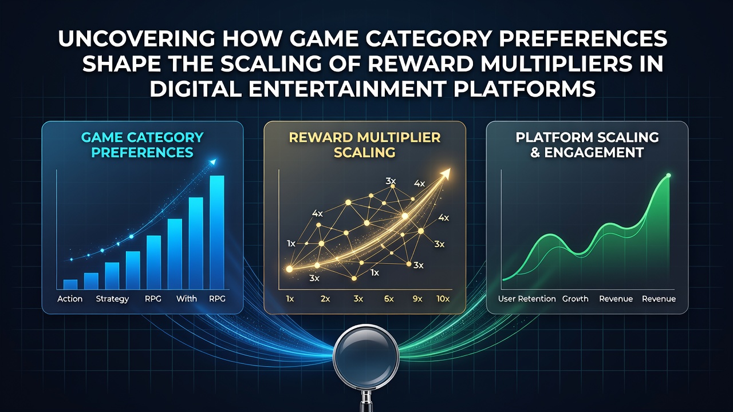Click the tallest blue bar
tap(217, 232)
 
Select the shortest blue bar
tap(70, 284)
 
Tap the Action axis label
tap(70, 299)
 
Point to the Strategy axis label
tap(112, 299)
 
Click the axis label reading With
tap(187, 299)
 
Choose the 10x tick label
tap(443, 299)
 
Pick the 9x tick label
tap(417, 299)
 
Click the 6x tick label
tap(389, 299)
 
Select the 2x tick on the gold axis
tap(325, 299)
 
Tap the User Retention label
tap(527, 299)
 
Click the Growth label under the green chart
tap(576, 299)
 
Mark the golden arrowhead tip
tap(451, 169)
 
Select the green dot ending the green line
tap(668, 176)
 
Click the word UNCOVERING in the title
tap(137, 38)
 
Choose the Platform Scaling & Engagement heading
tap(587, 145)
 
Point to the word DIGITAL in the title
tap(195, 89)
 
